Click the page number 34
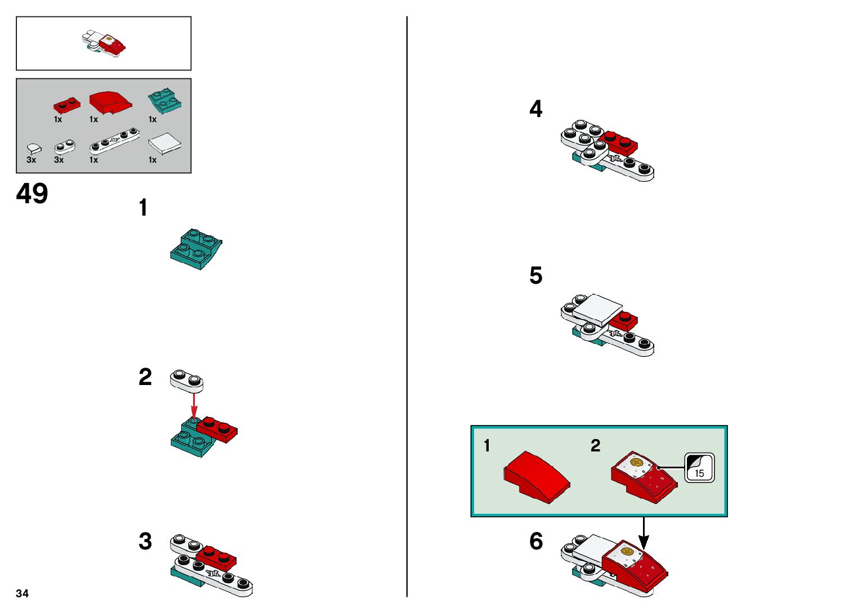click(x=23, y=593)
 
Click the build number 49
click(x=32, y=194)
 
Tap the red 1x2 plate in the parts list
click(x=66, y=105)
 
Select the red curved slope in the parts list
click(x=110, y=101)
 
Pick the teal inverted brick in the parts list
click(x=164, y=101)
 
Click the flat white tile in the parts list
click(x=164, y=144)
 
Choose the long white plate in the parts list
click(x=114, y=141)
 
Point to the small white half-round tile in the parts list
click(x=34, y=149)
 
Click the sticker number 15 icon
click(x=699, y=468)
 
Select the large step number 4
click(x=536, y=109)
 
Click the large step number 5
click(x=536, y=276)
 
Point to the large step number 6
click(x=536, y=542)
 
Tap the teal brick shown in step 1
click(x=195, y=249)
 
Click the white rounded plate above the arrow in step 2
click(x=186, y=381)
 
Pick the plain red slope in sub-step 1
click(x=537, y=476)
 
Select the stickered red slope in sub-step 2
click(x=644, y=476)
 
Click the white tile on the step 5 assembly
click(x=597, y=310)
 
